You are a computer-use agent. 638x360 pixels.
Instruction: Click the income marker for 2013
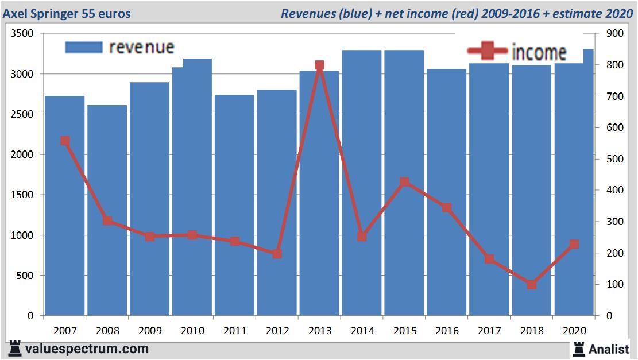(x=320, y=65)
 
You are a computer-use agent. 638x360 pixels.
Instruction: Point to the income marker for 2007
(x=65, y=141)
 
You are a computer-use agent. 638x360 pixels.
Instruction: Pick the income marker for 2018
(x=531, y=284)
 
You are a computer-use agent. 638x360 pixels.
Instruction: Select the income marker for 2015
(x=404, y=182)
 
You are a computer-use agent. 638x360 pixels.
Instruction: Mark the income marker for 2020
(x=574, y=244)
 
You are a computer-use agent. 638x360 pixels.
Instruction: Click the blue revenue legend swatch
(x=83, y=47)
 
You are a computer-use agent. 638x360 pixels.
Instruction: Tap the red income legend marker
(x=488, y=51)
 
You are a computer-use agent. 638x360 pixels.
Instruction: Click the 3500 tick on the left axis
(x=23, y=34)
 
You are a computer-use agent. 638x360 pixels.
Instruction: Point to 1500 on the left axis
(x=23, y=195)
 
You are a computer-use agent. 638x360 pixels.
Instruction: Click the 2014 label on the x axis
(x=362, y=331)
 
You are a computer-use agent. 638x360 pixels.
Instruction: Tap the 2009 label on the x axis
(x=150, y=331)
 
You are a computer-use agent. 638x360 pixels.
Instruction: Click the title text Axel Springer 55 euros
(x=67, y=13)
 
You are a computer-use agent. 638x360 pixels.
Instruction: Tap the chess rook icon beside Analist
(x=578, y=349)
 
